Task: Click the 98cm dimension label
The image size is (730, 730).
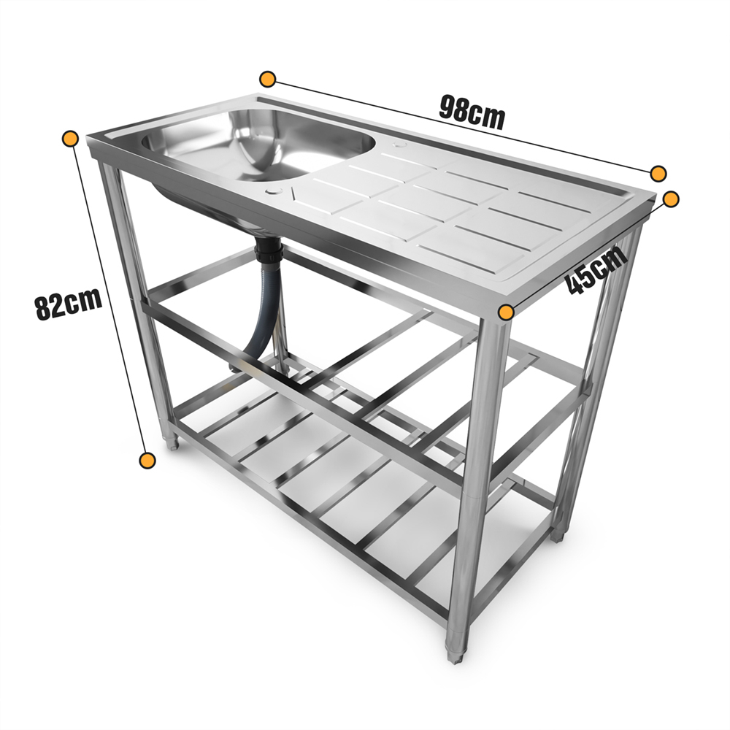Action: [x=472, y=112]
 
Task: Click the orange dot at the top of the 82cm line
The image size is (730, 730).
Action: [x=71, y=138]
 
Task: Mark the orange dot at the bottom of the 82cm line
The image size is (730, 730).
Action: [x=147, y=460]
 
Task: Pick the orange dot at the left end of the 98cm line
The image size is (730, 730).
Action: [x=268, y=78]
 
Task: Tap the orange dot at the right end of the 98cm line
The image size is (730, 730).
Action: [x=658, y=173]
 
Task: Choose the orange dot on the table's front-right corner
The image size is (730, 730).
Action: [x=505, y=312]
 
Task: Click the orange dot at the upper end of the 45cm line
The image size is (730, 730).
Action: [x=672, y=198]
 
